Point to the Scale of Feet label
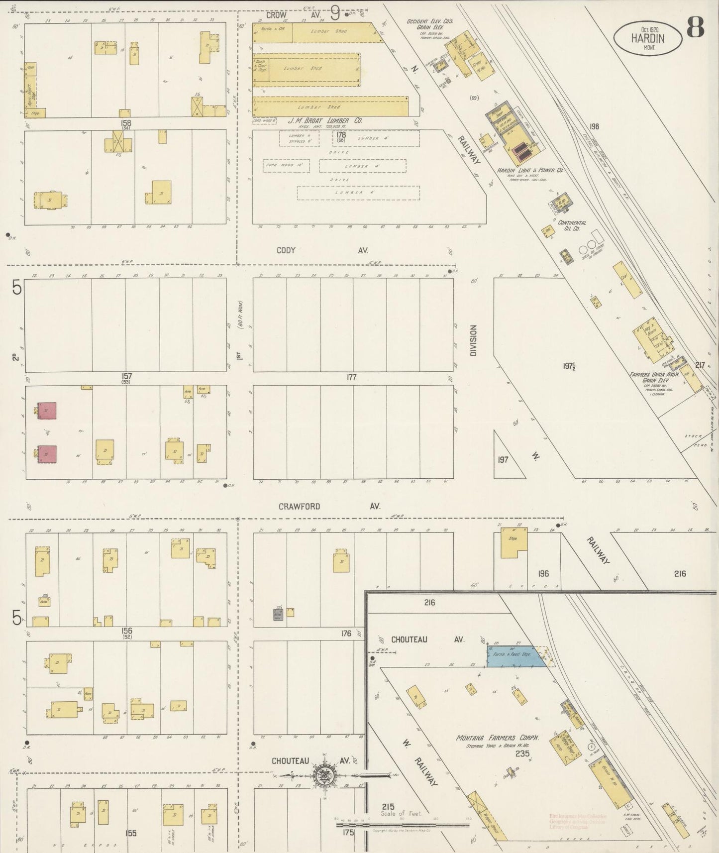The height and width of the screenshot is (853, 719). coord(401,814)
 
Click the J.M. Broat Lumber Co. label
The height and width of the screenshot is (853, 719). coord(325,121)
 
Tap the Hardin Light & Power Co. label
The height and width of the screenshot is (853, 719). coord(529,170)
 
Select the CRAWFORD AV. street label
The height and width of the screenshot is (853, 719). coord(329,506)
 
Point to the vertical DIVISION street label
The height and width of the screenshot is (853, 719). coord(473,340)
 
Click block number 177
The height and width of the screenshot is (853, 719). coord(351,378)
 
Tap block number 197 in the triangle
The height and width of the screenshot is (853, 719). coord(503,459)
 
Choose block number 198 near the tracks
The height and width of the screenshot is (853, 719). coord(594,126)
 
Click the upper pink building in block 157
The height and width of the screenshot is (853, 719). coord(47,411)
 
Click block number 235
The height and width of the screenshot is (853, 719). coord(522,754)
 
